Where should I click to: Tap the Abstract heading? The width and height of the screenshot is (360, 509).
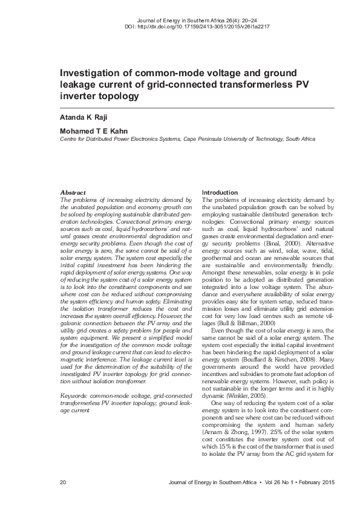point(73,192)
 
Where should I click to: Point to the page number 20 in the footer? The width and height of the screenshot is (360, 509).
point(63,482)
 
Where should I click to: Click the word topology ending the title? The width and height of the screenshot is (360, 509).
point(118,96)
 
